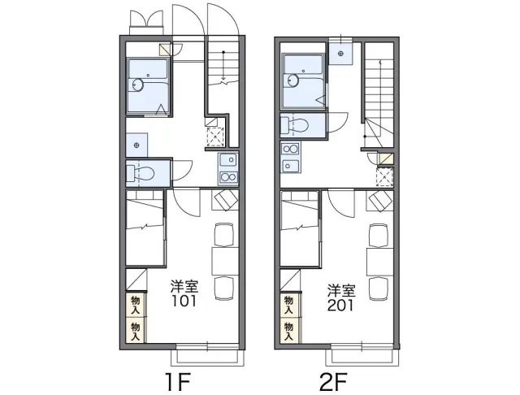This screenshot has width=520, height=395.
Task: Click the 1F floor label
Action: tap(179, 382)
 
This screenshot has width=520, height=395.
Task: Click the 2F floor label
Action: tap(333, 382)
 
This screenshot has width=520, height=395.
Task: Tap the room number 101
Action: tap(184, 302)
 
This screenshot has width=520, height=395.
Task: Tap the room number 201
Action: tap(340, 306)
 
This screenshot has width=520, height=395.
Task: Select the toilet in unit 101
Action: tap(141, 173)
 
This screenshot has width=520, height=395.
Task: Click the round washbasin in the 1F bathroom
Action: tap(137, 85)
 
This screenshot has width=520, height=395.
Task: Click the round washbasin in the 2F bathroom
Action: tap(292, 80)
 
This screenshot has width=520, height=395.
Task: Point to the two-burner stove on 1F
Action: tap(228, 177)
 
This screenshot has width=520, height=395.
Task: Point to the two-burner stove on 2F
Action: tap(290, 149)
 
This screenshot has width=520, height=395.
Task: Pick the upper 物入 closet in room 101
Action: tap(136, 305)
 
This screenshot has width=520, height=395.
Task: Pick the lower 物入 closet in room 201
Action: tap(289, 331)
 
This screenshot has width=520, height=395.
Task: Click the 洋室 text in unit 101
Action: tap(184, 287)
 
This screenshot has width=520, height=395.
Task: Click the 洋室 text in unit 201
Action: tap(341, 291)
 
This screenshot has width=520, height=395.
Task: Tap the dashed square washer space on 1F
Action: tap(215, 137)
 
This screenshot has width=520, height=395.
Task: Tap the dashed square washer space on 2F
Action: tap(384, 176)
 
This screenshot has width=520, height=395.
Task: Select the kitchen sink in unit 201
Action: tap(290, 166)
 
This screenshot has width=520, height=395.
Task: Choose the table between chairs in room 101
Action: tap(225, 261)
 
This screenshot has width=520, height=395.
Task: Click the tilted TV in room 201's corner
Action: tap(380, 201)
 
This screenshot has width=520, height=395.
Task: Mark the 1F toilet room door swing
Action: tap(182, 170)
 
